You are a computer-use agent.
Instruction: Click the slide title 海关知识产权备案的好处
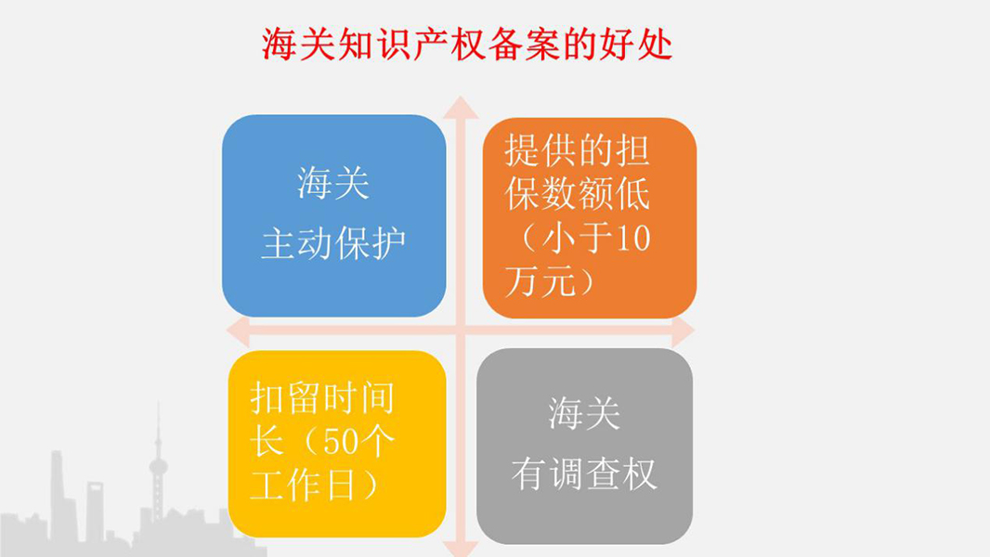click(467, 45)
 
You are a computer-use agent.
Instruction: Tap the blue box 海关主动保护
click(334, 215)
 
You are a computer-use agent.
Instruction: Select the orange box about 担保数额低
click(589, 217)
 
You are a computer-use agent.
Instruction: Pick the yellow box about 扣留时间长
click(337, 444)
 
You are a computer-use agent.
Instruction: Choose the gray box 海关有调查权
click(585, 446)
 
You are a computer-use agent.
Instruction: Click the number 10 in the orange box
click(632, 239)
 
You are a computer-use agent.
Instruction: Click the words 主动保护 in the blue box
click(333, 243)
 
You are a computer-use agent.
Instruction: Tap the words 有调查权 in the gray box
click(584, 473)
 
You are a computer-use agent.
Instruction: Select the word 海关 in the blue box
click(333, 184)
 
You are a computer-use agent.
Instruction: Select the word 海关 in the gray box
click(584, 414)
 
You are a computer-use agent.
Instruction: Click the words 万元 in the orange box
click(541, 281)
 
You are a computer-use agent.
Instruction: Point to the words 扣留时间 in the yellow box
click(322, 398)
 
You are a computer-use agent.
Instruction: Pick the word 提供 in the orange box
click(541, 150)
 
